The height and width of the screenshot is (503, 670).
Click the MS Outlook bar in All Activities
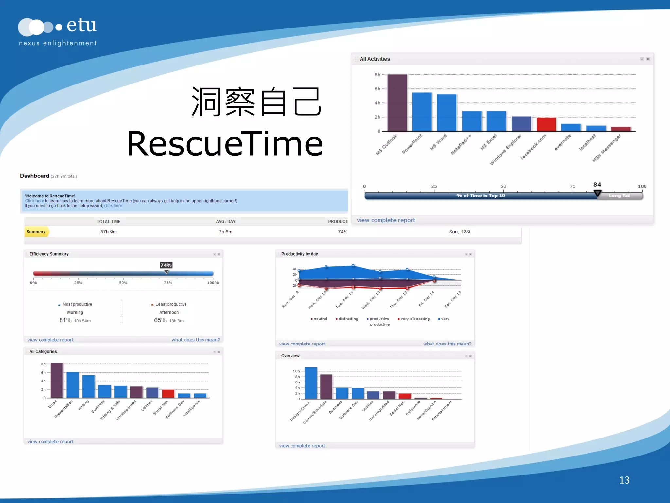(x=397, y=103)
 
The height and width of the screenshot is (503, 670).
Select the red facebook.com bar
(x=546, y=124)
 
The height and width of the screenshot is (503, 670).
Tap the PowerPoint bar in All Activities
(x=422, y=112)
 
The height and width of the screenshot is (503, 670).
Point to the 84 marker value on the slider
(x=597, y=185)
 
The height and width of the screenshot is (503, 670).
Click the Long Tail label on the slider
(x=619, y=196)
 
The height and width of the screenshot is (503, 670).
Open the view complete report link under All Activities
(x=386, y=220)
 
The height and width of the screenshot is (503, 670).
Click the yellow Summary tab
(x=36, y=232)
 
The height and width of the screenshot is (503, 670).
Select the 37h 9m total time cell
(x=108, y=232)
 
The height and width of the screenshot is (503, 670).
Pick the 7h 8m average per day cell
(x=225, y=232)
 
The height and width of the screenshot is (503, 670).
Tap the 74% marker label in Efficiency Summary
(x=166, y=265)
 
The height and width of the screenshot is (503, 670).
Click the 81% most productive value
(x=65, y=320)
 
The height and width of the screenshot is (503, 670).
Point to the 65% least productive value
(x=160, y=320)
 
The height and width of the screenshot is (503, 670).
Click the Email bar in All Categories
(x=57, y=380)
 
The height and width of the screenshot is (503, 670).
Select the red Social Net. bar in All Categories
(x=168, y=394)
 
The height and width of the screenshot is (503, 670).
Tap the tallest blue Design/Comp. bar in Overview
(x=311, y=383)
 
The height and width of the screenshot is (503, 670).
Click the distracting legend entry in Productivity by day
(x=348, y=319)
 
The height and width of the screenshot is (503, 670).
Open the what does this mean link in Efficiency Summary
(x=195, y=340)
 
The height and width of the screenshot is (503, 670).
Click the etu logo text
(x=81, y=26)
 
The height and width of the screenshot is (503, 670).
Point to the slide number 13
(x=624, y=480)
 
